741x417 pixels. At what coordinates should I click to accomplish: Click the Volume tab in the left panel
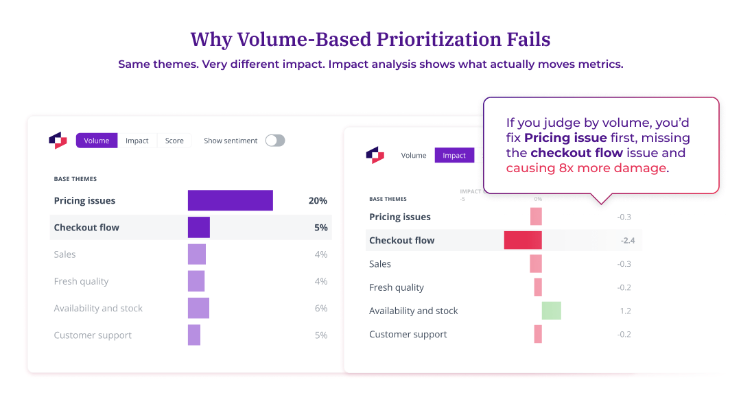click(97, 141)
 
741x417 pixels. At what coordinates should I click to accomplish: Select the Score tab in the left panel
click(174, 141)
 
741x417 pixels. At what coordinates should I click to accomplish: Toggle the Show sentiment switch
click(274, 141)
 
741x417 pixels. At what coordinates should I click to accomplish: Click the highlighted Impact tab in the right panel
click(454, 156)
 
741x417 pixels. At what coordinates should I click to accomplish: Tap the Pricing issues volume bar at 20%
click(231, 201)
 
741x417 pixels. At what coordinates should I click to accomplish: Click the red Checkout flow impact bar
click(523, 240)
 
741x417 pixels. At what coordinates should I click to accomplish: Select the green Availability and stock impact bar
click(552, 311)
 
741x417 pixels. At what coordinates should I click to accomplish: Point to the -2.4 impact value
click(627, 241)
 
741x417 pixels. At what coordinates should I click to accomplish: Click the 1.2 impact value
click(625, 311)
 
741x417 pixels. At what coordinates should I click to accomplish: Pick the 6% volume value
click(320, 309)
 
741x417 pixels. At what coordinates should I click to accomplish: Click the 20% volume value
click(318, 201)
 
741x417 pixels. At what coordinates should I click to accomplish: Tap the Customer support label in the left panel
click(93, 335)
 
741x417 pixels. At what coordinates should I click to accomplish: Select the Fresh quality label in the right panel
click(397, 287)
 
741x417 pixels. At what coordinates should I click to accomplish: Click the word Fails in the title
click(526, 40)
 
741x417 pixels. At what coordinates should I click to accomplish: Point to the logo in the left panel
click(58, 140)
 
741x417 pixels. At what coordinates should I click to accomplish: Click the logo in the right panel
click(375, 156)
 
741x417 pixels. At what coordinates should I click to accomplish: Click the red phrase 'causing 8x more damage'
click(586, 168)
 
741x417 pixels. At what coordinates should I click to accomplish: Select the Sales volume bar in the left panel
click(197, 254)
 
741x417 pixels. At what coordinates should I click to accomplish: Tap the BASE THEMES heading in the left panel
click(75, 179)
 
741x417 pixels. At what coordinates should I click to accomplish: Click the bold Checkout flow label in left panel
click(86, 228)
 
